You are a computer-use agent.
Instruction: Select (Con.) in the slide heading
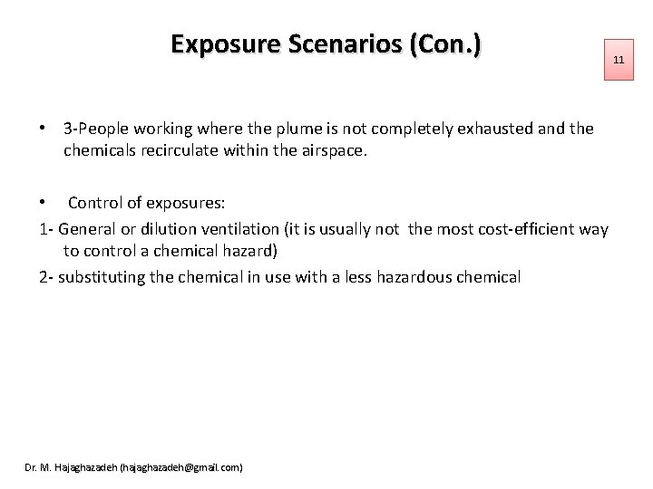445,44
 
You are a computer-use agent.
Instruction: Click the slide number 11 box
619,60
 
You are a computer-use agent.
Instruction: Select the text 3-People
96,129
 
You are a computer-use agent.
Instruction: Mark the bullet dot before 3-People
44,129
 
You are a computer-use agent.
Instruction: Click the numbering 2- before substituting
46,276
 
